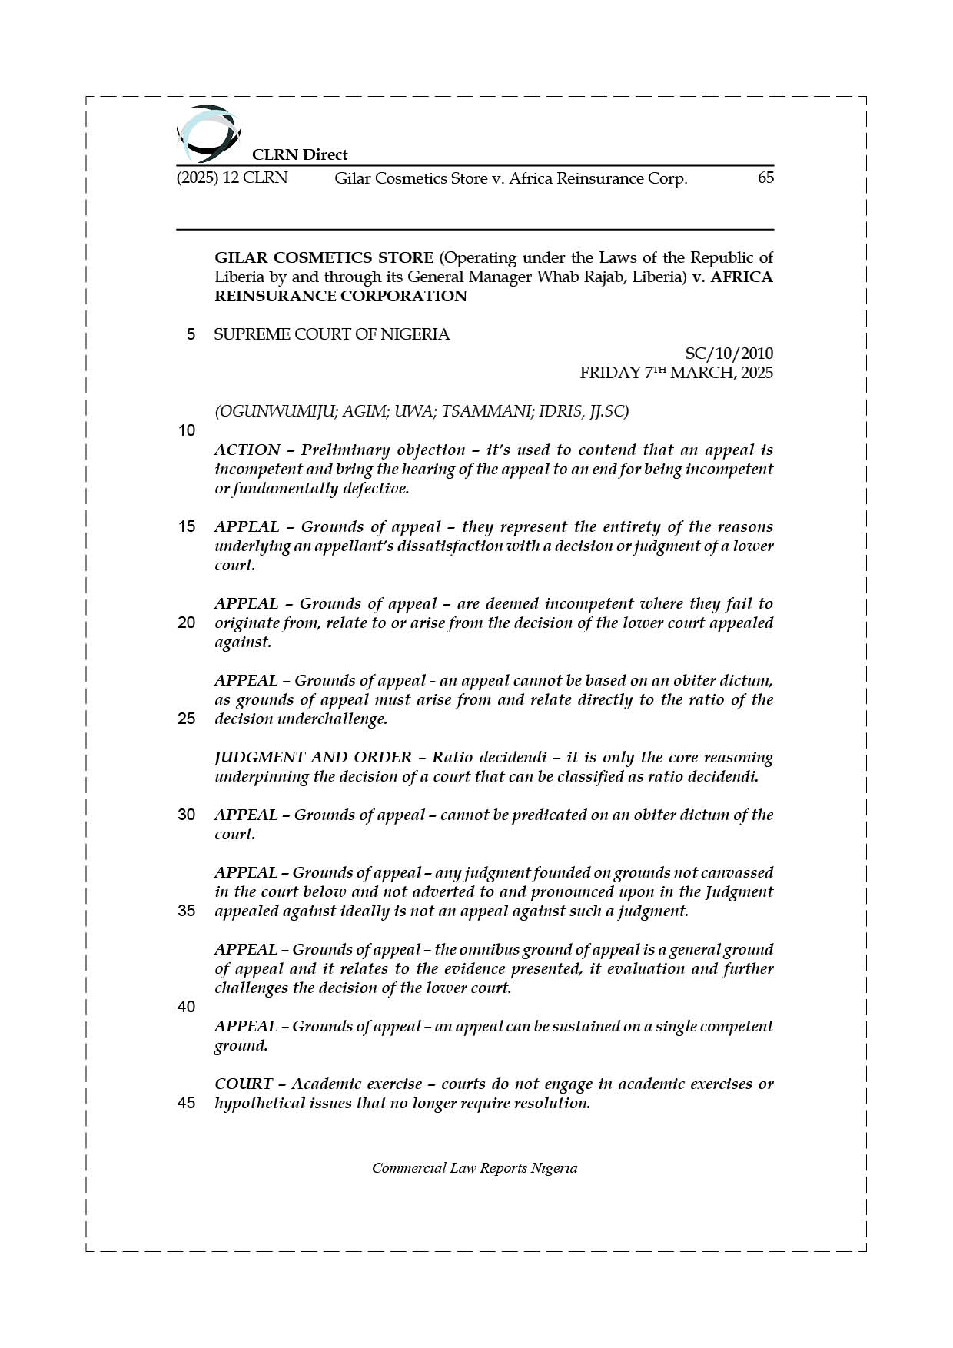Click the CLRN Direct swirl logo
pyautogui.click(x=208, y=133)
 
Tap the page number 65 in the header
pyautogui.click(x=765, y=178)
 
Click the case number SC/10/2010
pyautogui.click(x=729, y=354)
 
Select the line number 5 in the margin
pyautogui.click(x=191, y=334)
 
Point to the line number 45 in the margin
pyautogui.click(x=186, y=1103)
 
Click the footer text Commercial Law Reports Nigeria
pyautogui.click(x=474, y=1168)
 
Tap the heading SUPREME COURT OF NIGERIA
pyautogui.click(x=331, y=334)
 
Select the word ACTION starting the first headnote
pyautogui.click(x=247, y=450)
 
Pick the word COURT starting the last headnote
pyautogui.click(x=243, y=1084)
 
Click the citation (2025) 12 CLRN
pyautogui.click(x=232, y=178)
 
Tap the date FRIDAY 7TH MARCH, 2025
pyautogui.click(x=676, y=373)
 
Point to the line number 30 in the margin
pyautogui.click(x=186, y=815)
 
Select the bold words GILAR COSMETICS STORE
pyautogui.click(x=324, y=257)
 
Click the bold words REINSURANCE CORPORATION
pyautogui.click(x=340, y=296)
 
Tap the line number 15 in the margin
pyautogui.click(x=186, y=526)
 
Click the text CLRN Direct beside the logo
pyautogui.click(x=300, y=154)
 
